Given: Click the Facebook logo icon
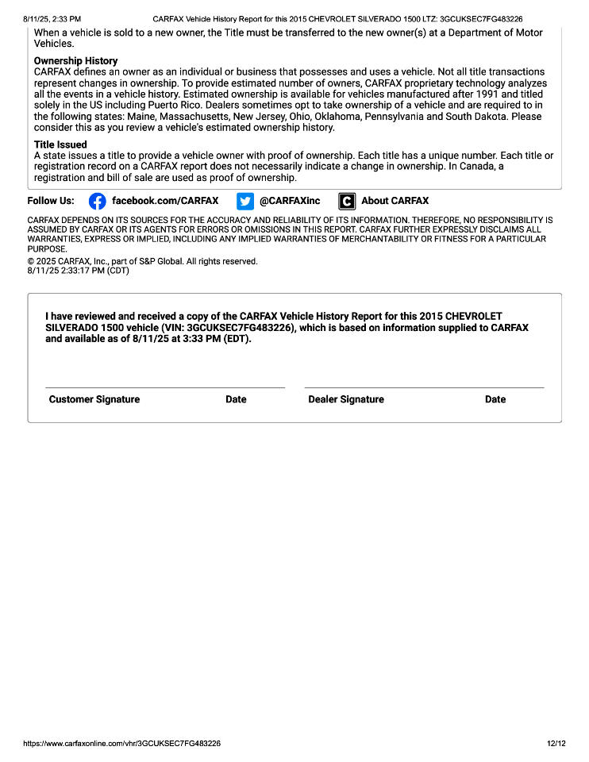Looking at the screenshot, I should pyautogui.click(x=97, y=201).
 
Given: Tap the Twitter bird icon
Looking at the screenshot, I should pyautogui.click(x=244, y=201).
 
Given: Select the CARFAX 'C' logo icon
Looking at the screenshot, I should pyautogui.click(x=346, y=201).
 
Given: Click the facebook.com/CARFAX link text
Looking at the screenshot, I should pyautogui.click(x=165, y=201).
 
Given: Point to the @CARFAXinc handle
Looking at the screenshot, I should pyautogui.click(x=290, y=201).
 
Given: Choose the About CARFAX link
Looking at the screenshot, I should pyautogui.click(x=395, y=201).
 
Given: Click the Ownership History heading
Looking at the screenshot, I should pyautogui.click(x=75, y=61).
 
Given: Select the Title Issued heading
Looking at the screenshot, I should pyautogui.click(x=60, y=145).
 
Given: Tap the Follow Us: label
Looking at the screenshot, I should pyautogui.click(x=51, y=201).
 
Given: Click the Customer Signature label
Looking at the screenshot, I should pyautogui.click(x=94, y=399).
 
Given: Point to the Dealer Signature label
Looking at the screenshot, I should pyautogui.click(x=346, y=399).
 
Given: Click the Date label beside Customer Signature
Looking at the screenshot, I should pyautogui.click(x=236, y=399).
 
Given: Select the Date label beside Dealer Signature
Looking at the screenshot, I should pyautogui.click(x=495, y=399).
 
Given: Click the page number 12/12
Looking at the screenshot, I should pyautogui.click(x=556, y=744).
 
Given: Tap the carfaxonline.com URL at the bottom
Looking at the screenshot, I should pyautogui.click(x=121, y=744).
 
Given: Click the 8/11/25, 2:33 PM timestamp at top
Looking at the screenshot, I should pyautogui.click(x=52, y=18).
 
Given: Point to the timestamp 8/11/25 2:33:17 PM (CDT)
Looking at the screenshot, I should pyautogui.click(x=78, y=271).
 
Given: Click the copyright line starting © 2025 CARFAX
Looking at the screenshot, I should pyautogui.click(x=142, y=261).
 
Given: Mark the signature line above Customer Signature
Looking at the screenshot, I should pyautogui.click(x=165, y=387).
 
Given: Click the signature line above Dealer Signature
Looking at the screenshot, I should pyautogui.click(x=424, y=387).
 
